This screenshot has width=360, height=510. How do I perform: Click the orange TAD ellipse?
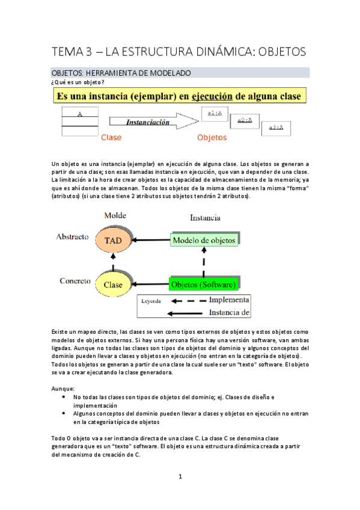coord(114,241)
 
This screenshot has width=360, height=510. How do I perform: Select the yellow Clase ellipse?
coord(114,284)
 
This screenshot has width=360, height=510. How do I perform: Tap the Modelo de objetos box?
coord(204,241)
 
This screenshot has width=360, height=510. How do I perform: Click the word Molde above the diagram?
coord(115,215)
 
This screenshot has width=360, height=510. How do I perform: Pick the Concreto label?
coord(75,280)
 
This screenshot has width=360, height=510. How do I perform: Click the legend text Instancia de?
coord(228,312)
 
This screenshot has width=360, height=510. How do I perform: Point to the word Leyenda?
coord(151,301)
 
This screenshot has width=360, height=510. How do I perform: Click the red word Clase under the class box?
coord(111,138)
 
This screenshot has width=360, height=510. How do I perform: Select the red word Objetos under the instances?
coord(212,138)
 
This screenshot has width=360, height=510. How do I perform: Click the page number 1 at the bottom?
coord(180,476)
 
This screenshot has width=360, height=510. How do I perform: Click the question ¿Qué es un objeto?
coord(79,82)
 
